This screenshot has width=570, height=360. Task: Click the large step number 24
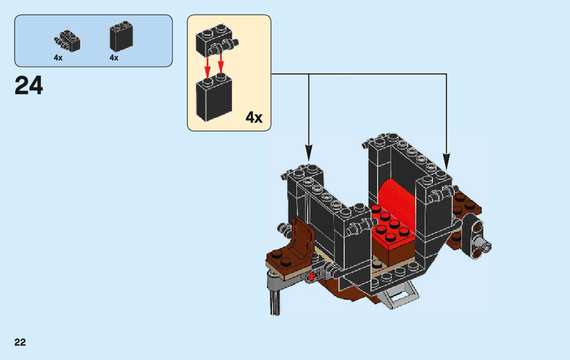(29, 85)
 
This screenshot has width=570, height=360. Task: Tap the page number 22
(20, 342)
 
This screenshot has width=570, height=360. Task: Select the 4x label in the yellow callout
(254, 118)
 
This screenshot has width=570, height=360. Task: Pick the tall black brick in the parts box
(121, 37)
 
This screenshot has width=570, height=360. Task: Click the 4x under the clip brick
(58, 58)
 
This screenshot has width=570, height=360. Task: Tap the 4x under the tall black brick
(114, 58)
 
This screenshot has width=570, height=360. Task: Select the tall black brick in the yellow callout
(214, 99)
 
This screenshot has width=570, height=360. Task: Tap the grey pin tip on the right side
(487, 247)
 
